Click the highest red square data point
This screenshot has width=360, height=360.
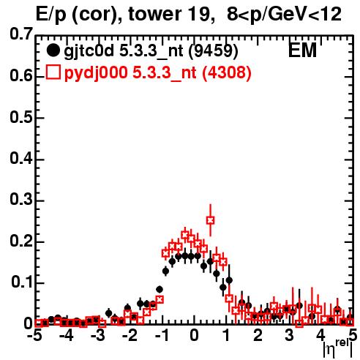(x=210, y=220)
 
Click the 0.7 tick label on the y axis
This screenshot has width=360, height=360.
(x=21, y=34)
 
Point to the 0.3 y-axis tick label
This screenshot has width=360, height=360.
(x=21, y=199)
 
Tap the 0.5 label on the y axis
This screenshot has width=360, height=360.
(x=21, y=117)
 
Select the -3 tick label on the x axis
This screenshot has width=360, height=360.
(x=99, y=335)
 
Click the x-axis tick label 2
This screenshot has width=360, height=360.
(x=258, y=335)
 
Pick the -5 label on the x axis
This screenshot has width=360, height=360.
(x=36, y=335)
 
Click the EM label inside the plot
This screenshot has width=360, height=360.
(x=302, y=50)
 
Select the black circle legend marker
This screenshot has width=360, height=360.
(x=53, y=50)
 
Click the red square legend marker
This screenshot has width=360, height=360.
(x=53, y=72)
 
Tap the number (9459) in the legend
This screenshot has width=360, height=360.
(x=214, y=50)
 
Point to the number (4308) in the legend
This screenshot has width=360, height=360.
(x=227, y=72)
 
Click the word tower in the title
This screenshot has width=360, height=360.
(x=154, y=14)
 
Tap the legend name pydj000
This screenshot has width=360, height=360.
(x=96, y=73)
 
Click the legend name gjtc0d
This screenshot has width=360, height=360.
(x=89, y=51)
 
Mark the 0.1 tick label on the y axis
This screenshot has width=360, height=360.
(x=22, y=282)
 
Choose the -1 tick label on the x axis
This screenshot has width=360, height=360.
(x=162, y=335)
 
